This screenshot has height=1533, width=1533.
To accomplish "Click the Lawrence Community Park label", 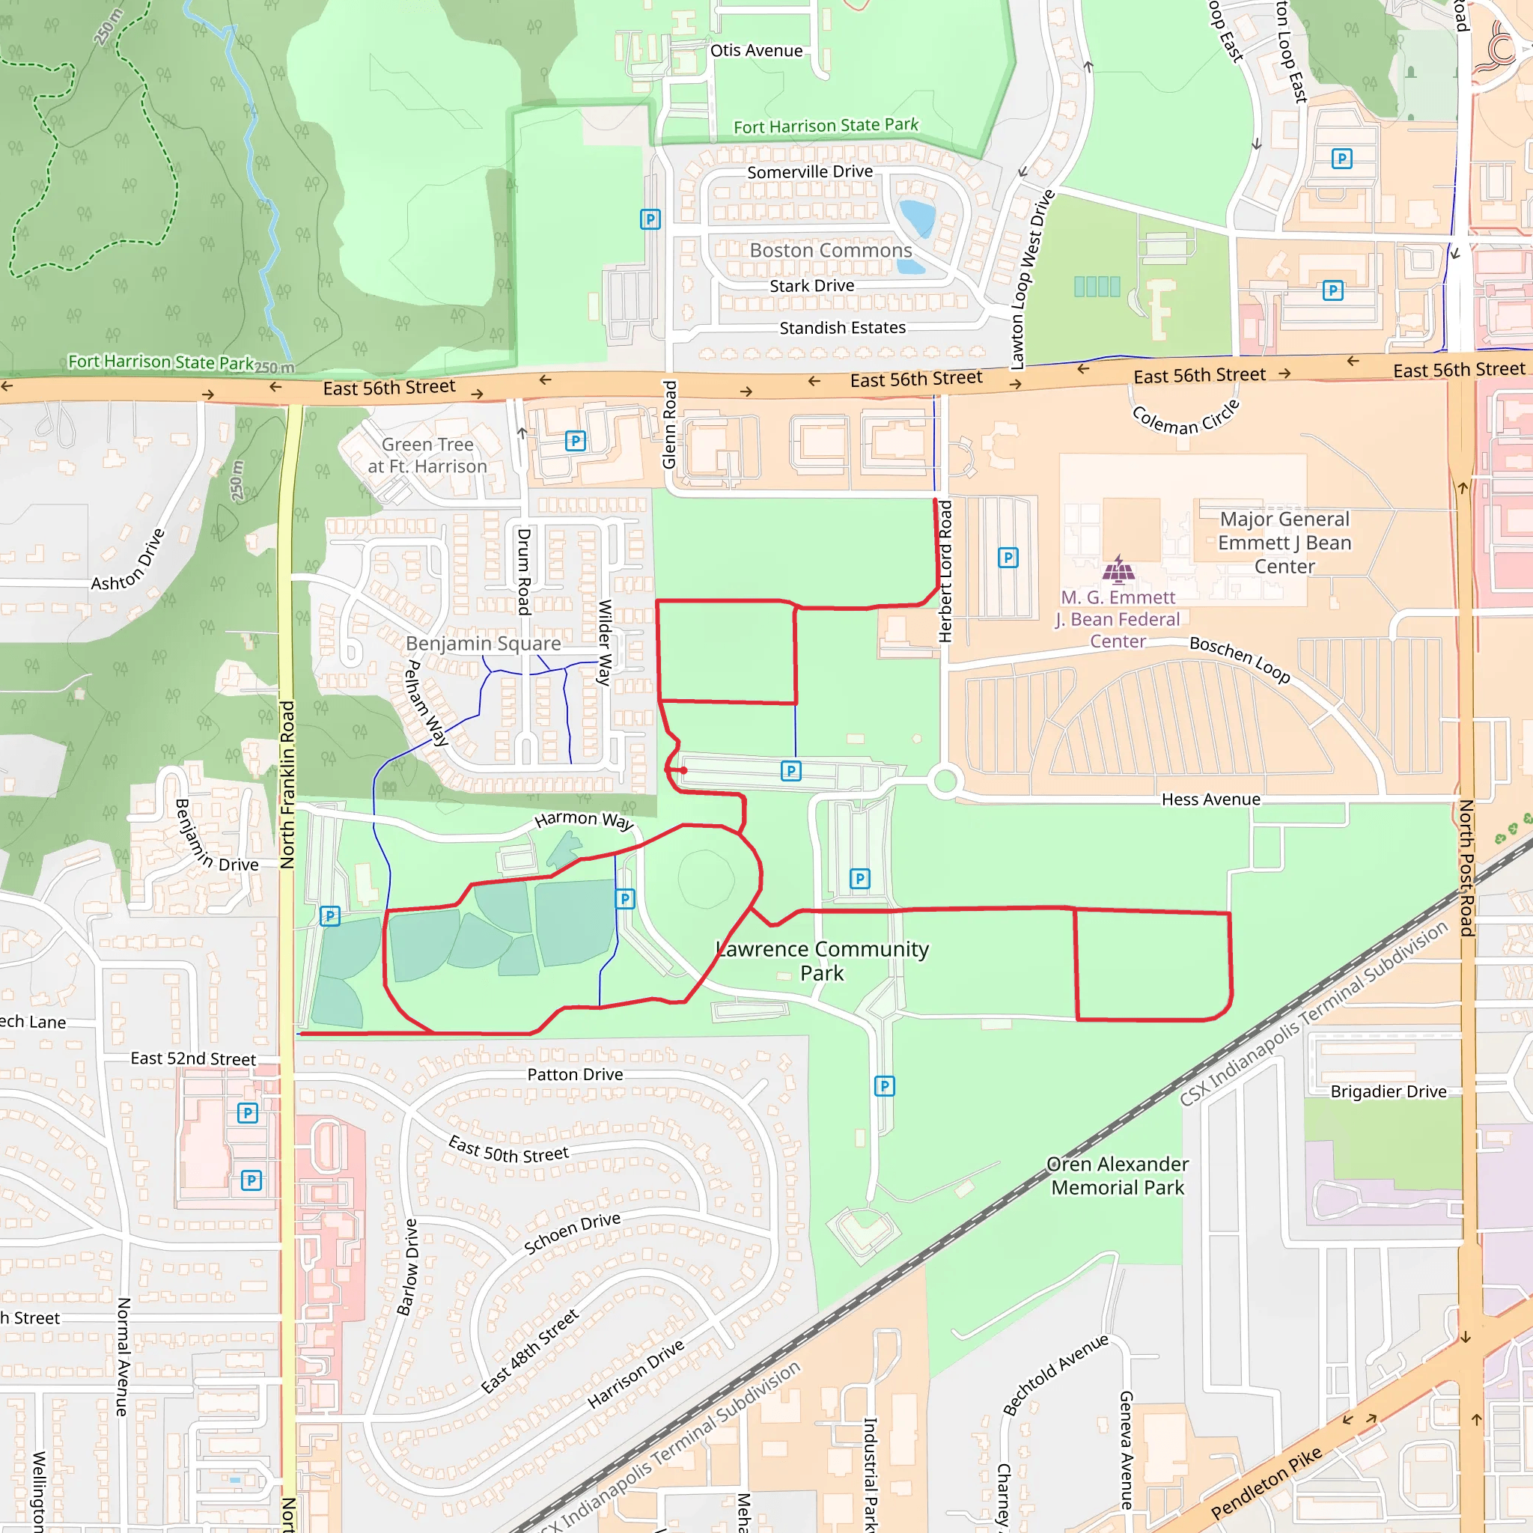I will pos(822,961).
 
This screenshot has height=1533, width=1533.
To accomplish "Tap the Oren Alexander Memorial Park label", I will pos(1118,1175).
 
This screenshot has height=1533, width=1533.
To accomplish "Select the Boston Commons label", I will pos(831,251).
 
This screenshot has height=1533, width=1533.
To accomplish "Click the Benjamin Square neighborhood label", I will pos(484,644).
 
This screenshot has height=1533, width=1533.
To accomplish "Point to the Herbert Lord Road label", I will pos(945,571).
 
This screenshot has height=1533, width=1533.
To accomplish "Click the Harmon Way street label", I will pos(584,820).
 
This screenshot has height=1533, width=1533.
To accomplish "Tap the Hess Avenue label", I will pos(1210,800).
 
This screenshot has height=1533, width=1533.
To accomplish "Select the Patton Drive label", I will pos(576,1074).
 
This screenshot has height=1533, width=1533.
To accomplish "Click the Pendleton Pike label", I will pos(1267,1482).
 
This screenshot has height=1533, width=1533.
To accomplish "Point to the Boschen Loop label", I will pos(1240,659).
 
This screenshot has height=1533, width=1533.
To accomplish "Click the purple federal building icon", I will pos(1119,569).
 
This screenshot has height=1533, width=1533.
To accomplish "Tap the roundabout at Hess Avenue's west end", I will pos(945,781).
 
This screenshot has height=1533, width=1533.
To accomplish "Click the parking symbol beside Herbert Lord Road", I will pos(1008,558).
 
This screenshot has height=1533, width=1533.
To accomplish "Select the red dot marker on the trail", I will pos(684,770).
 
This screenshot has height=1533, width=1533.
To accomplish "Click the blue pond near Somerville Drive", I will pos(918,216).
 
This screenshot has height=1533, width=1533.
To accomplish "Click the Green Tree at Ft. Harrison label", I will pos(427,455).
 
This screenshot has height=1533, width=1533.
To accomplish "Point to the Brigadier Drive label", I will pos(1388,1092).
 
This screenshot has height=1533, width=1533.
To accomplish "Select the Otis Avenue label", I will pos(756,51).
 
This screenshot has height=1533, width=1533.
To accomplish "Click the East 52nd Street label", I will pos(193,1058).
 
